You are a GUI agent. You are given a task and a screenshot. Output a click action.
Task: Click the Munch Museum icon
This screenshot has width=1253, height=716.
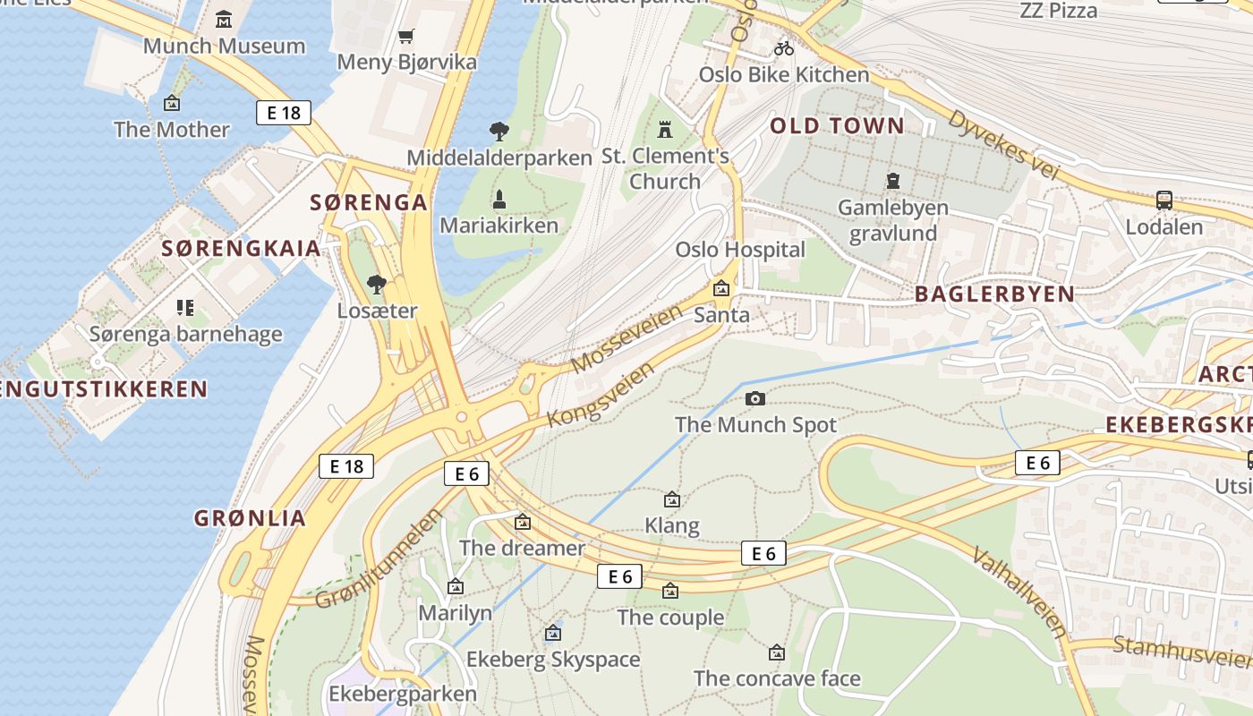pos(224,18)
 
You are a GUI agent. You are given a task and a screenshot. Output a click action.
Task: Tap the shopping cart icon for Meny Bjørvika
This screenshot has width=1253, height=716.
pos(406,36)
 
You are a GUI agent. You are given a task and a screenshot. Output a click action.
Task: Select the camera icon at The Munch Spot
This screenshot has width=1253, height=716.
pos(755,398)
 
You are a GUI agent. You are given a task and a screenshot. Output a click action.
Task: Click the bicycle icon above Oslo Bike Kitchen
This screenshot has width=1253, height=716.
pos(784,48)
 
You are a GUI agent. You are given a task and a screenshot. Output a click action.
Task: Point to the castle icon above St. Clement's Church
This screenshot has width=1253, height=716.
pos(664,130)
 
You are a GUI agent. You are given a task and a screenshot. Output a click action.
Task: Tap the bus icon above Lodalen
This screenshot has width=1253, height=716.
pos(1163,200)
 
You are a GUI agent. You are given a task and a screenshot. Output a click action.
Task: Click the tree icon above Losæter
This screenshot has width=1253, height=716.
pos(377,285)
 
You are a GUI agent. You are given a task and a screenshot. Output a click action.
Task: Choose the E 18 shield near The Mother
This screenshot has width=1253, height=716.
pos(284,113)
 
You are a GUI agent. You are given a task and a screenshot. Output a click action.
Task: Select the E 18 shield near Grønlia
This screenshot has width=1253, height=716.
pos(346,466)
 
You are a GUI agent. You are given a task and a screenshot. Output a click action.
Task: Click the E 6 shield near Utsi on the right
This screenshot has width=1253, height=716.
pos(1037,463)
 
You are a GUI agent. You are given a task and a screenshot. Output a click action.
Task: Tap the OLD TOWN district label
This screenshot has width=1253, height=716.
pos(838,126)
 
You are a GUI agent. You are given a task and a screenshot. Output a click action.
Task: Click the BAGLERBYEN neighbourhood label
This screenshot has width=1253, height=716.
pos(994,294)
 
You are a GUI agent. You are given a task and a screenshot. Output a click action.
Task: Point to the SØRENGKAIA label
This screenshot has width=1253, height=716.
pos(241,248)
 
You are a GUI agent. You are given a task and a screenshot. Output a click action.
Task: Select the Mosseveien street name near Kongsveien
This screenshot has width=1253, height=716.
pos(626,338)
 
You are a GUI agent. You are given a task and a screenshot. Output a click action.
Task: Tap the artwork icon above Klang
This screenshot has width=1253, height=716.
pos(671,499)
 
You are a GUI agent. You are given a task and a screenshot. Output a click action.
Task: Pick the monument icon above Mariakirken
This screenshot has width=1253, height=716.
pos(499,199)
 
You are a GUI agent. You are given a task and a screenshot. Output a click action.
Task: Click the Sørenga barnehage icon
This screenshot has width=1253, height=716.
pos(185,309)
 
